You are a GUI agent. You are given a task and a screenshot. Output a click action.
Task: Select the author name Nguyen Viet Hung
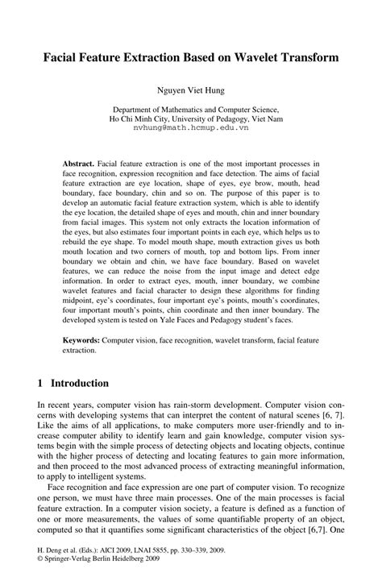tap(190, 92)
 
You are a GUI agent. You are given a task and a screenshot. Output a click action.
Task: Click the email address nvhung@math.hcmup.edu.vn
tap(190, 127)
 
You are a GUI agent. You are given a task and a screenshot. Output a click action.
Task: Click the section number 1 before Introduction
tap(41, 384)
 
